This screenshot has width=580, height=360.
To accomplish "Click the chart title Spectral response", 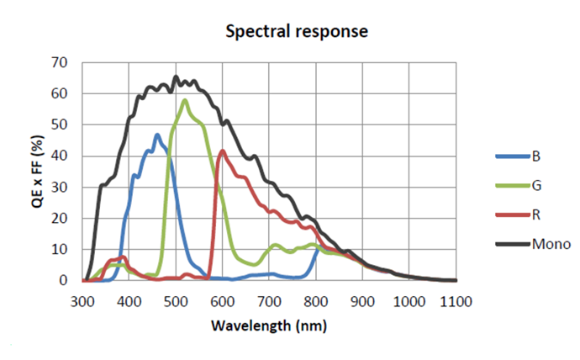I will click(x=297, y=32).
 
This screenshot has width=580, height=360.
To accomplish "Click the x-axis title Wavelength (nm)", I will click(x=269, y=325).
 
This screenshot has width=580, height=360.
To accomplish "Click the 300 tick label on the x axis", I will click(x=82, y=300).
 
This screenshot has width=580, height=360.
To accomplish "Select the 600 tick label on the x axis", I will click(x=223, y=300).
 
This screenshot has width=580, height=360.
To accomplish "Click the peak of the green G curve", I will click(x=185, y=100).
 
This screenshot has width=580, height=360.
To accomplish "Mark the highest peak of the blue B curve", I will click(x=157, y=135).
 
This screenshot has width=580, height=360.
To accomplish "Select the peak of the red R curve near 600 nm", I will click(x=223, y=151).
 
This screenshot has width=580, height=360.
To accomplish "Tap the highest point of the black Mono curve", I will click(x=176, y=77).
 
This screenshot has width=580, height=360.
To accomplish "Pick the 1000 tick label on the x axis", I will click(x=409, y=300).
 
